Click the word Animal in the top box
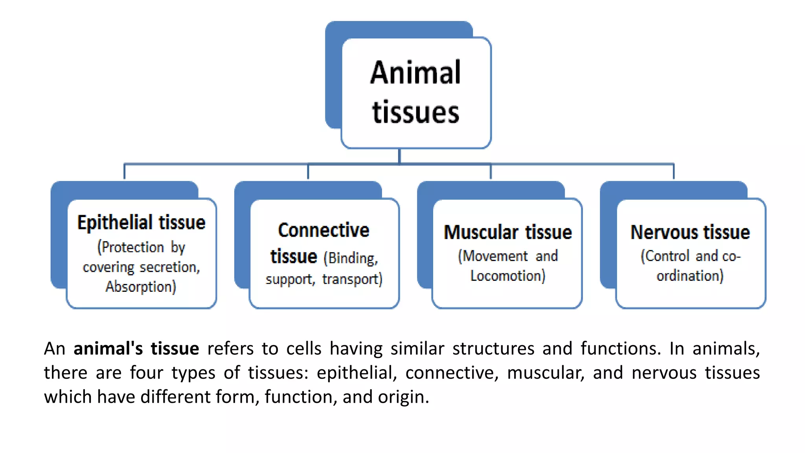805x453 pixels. tap(415, 73)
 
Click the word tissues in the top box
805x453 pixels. tap(415, 112)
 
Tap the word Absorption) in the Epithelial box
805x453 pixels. tap(141, 287)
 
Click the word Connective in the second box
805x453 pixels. tap(323, 230)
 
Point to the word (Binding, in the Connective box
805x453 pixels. tap(351, 258)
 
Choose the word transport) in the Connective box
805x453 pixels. tap(352, 279)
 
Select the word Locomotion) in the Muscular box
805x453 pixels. tap(508, 276)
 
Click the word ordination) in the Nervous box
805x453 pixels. tap(690, 276)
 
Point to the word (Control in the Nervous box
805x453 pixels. tap(665, 256)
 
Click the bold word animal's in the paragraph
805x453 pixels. tap(108, 349)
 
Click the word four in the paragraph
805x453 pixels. tap(146, 373)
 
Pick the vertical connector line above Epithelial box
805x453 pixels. tap(125, 171)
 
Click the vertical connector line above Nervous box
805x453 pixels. tap(673, 171)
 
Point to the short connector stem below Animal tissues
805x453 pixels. tap(399, 156)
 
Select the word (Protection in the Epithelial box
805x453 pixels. tap(130, 247)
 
